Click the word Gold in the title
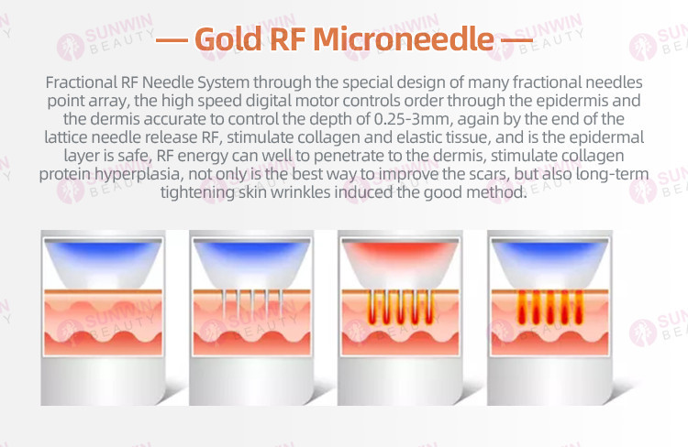[228, 38]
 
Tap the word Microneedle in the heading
[404, 38]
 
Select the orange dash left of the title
[172, 40]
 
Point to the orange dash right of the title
[516, 40]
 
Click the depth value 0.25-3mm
[411, 119]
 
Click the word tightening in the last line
[197, 193]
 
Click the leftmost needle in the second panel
[224, 303]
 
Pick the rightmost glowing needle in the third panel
[428, 307]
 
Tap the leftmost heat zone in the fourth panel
[522, 307]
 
